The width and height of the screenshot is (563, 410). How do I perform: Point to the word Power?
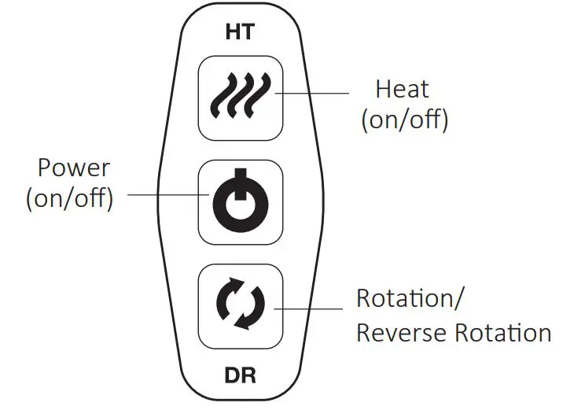tap(74, 168)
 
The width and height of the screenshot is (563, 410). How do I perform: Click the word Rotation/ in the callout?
tap(410, 299)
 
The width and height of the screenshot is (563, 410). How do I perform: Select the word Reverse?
tap(403, 332)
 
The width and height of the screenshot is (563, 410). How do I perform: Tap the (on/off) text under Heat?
tap(404, 120)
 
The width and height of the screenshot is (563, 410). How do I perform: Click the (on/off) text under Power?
tap(70, 198)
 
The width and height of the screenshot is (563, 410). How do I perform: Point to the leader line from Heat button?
tap(312, 94)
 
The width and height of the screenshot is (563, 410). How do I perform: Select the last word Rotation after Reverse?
tap(502, 332)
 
